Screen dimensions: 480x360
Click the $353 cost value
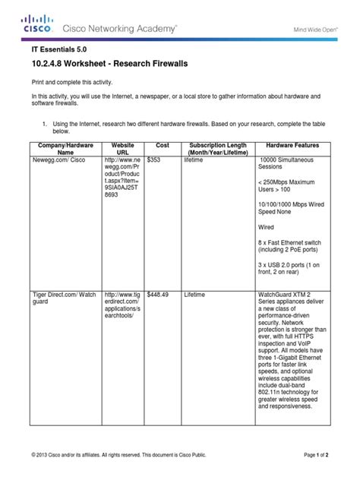(155, 161)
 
